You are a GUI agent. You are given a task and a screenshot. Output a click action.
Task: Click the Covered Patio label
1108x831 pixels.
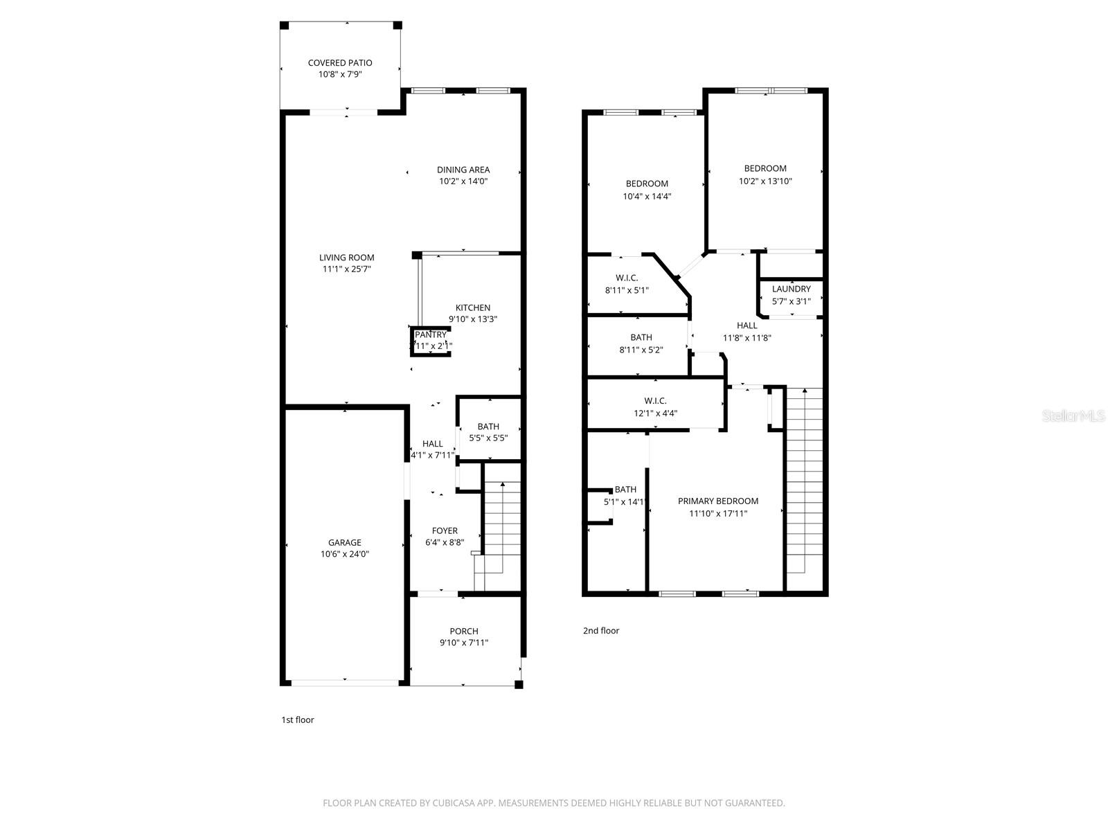click(340, 63)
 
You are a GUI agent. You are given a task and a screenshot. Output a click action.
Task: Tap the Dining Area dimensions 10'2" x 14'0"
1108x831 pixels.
click(463, 181)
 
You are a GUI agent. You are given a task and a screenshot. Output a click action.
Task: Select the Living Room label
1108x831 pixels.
click(346, 258)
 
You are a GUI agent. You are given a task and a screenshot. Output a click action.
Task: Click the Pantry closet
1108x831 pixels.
click(431, 341)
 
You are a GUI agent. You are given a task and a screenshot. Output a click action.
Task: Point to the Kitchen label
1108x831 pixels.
click(472, 308)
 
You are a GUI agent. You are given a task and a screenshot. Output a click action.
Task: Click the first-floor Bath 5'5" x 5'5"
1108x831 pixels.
click(488, 432)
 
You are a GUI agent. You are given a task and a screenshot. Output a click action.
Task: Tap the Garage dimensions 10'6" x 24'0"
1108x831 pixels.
click(344, 554)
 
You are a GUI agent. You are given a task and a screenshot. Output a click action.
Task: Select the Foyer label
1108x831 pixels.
click(444, 531)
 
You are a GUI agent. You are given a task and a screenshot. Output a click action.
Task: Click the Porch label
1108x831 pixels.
click(463, 632)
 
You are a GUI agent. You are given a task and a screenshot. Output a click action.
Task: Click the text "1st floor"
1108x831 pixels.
click(297, 720)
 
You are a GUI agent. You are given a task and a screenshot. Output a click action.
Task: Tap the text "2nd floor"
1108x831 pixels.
click(600, 631)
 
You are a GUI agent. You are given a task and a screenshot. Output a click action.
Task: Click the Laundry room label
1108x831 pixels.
click(791, 289)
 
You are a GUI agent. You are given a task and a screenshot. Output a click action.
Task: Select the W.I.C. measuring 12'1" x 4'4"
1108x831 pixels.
click(655, 407)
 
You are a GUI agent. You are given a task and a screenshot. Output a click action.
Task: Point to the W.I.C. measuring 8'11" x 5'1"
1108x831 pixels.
click(627, 284)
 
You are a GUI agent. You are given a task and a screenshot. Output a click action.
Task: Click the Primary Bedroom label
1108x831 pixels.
click(717, 501)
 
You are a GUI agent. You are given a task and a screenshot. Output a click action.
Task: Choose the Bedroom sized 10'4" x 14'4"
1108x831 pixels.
click(647, 190)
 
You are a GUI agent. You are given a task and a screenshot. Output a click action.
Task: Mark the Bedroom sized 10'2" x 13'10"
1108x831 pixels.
click(765, 175)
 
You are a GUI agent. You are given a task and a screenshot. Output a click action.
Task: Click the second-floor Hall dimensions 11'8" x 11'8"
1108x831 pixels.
click(747, 339)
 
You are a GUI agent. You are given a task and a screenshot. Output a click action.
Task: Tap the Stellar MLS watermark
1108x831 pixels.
click(1073, 415)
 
